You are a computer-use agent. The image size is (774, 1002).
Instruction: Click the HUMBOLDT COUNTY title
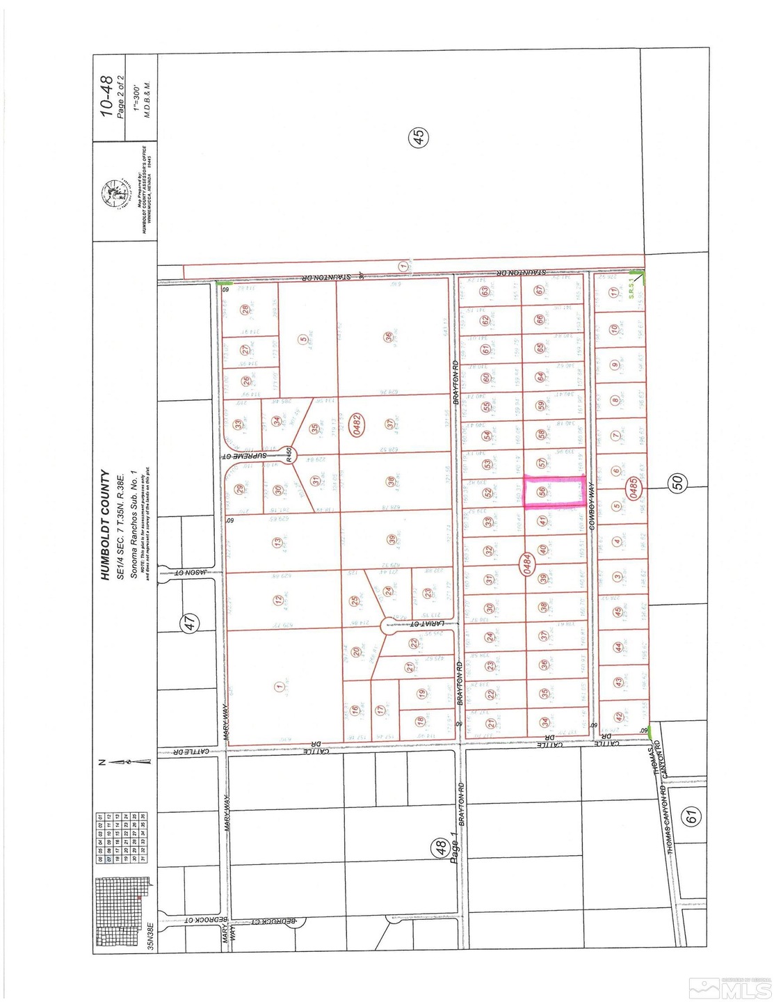[105, 525]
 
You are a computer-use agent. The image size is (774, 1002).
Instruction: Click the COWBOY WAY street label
[593, 509]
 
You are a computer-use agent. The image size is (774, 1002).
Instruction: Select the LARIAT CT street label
[421, 623]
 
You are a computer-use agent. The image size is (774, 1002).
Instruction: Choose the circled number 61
[691, 816]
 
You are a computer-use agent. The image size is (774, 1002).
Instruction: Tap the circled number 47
[193, 623]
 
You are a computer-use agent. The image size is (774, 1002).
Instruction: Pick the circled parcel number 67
[539, 291]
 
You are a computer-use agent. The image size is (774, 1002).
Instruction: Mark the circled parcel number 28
[244, 310]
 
